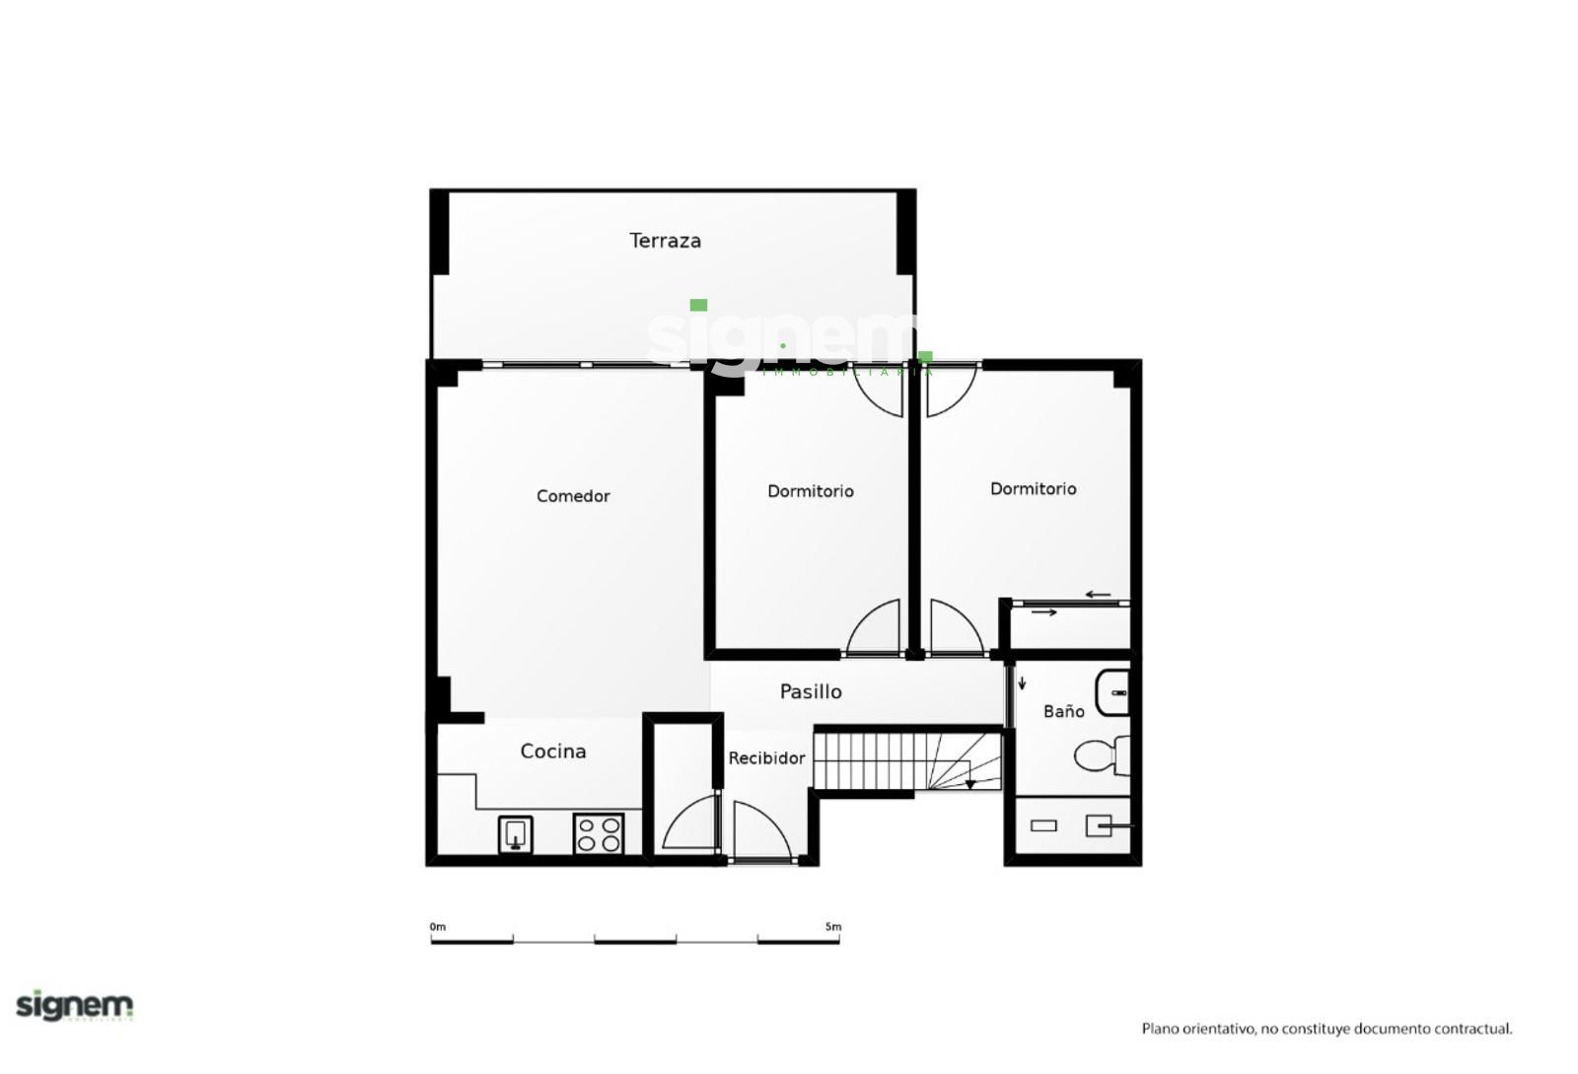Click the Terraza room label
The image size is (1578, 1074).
(665, 241)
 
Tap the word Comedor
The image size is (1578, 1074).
(573, 496)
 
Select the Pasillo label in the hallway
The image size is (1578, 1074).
(810, 691)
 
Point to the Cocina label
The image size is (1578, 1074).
(553, 752)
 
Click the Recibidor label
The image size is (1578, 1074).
(766, 757)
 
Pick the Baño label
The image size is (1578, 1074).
(1064, 711)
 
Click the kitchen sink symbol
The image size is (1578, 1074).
(515, 834)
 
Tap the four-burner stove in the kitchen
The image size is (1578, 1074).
(598, 833)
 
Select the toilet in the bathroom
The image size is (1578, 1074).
(1102, 755)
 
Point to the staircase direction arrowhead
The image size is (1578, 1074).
(970, 784)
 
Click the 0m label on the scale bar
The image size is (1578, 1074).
(438, 927)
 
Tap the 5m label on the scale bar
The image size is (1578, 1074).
(833, 927)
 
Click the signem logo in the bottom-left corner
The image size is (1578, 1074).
(75, 1006)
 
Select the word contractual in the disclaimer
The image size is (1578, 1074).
(1472, 1029)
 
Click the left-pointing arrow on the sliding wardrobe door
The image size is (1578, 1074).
(1098, 595)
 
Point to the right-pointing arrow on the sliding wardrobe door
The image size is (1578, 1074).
(1044, 612)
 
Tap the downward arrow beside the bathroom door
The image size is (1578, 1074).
(1022, 682)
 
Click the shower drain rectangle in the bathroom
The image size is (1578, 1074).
(1043, 826)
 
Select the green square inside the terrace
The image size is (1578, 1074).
(698, 305)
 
